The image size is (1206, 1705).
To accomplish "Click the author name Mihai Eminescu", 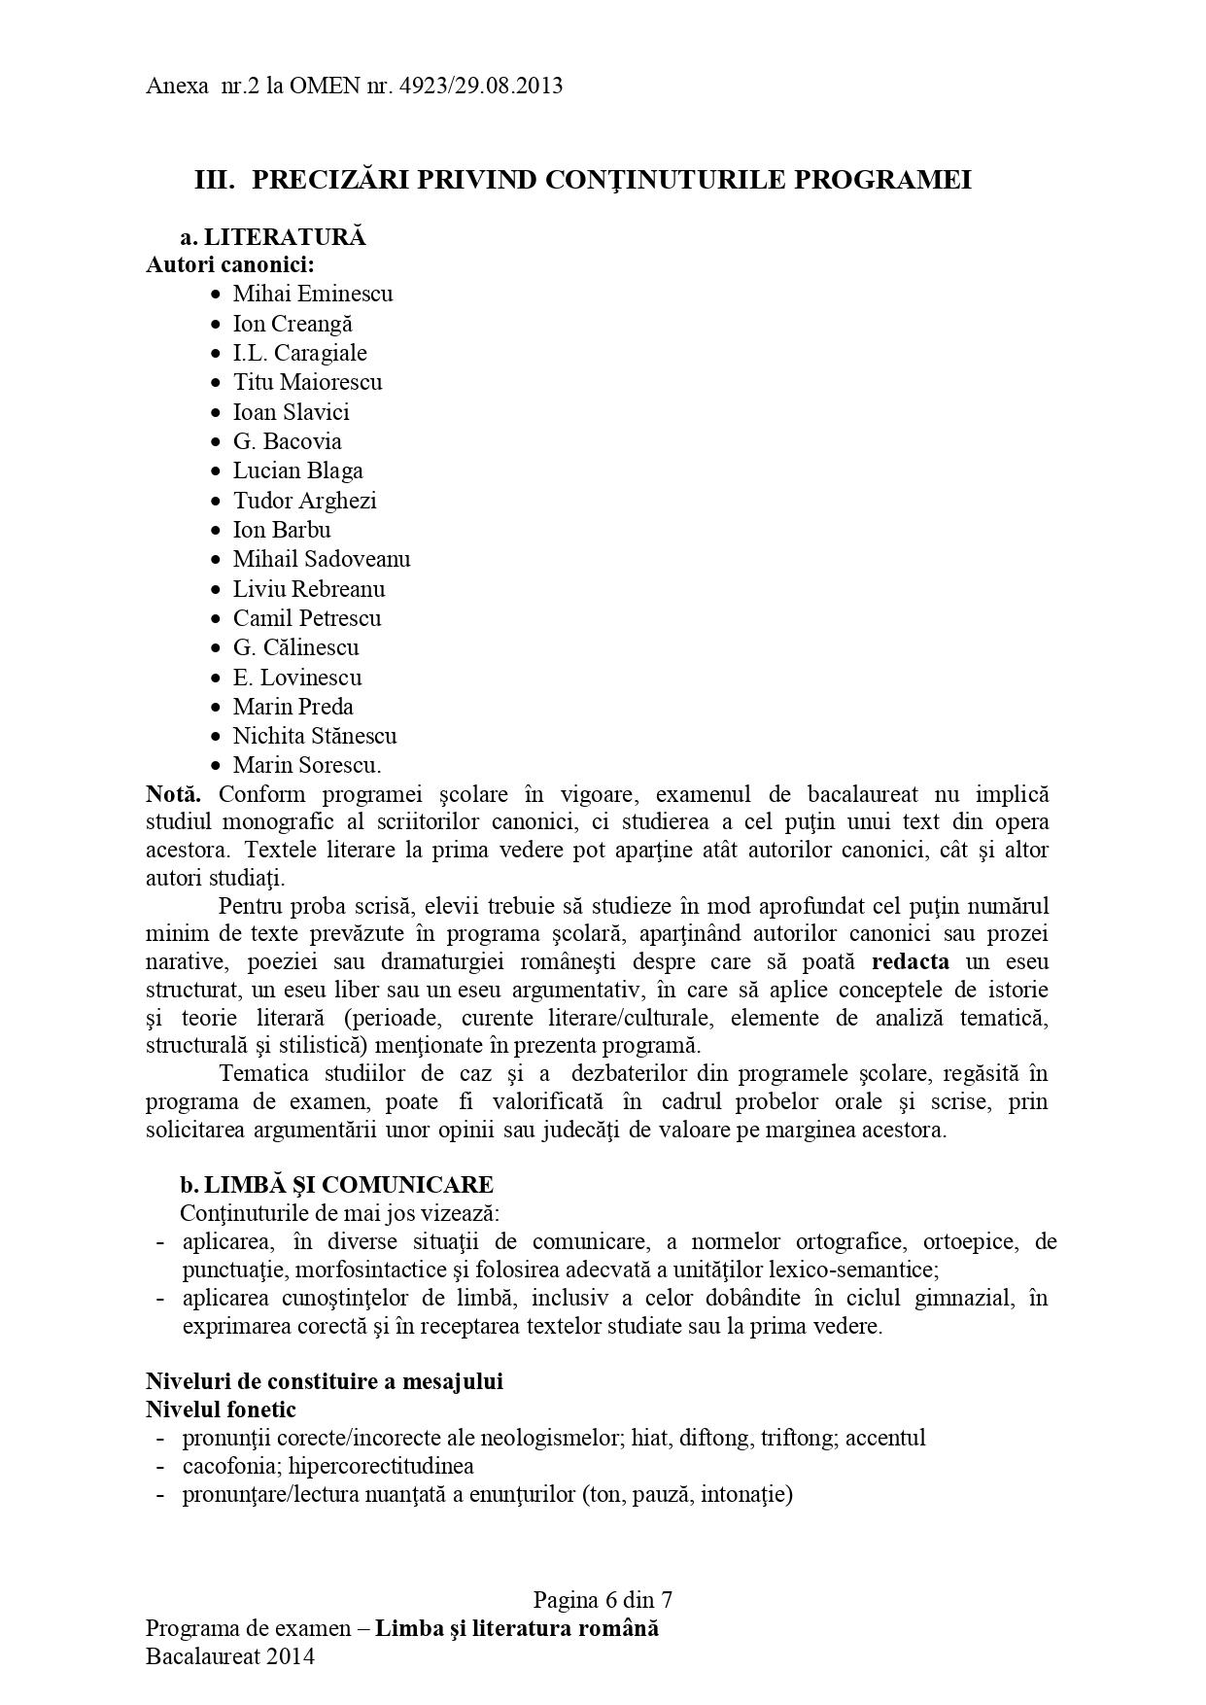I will coord(312,294).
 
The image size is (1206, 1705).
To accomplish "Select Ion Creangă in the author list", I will coord(293,324).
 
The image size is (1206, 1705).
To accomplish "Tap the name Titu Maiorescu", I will coord(307,382).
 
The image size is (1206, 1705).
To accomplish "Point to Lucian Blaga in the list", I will coord(297,470).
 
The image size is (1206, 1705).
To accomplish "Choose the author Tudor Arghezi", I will coord(304,501).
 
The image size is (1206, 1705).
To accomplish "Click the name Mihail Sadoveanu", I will coord(321,559).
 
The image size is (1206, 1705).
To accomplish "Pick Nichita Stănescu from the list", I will coord(315,736).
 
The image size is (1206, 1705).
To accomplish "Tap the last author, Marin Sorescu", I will coord(306,765).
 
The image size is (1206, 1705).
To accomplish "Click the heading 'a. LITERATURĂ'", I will coord(272,237).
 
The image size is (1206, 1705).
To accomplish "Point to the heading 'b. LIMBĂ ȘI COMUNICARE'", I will coord(336,1185).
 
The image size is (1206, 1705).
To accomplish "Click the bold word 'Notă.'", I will coord(175,794).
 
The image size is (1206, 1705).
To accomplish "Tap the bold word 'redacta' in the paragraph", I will coord(911,962).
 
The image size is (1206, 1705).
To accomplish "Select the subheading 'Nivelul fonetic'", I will coord(221,1409).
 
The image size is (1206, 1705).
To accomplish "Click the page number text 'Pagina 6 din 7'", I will coord(603,1600).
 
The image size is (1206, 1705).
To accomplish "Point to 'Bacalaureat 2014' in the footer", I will coord(230,1656).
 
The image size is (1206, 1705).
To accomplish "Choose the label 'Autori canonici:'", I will coord(230,264).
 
